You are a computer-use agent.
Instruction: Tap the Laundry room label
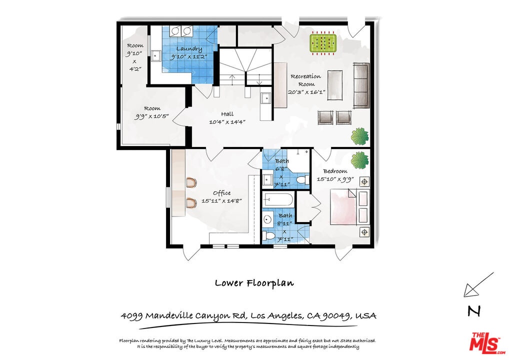189,49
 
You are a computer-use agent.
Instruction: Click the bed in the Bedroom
349,207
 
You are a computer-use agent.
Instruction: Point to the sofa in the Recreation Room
361,85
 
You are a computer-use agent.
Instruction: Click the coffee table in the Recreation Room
334,85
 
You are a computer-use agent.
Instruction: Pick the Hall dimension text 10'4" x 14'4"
227,122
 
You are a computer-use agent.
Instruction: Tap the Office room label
222,193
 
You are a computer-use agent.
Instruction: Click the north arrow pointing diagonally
478,284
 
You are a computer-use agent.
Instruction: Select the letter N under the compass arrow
474,311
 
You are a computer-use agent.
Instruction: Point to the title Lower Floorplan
254,283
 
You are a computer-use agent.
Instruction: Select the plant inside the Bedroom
359,160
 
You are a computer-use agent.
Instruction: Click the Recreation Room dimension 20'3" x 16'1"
306,92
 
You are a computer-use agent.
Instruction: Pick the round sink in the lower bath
268,219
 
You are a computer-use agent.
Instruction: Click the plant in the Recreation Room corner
360,136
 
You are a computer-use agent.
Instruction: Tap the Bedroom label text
335,171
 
